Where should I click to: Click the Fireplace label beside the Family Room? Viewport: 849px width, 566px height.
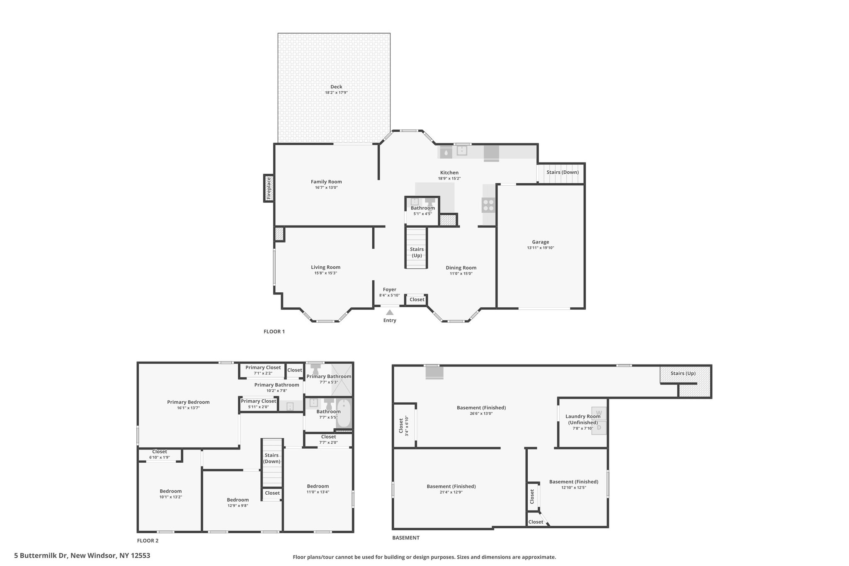tap(269, 188)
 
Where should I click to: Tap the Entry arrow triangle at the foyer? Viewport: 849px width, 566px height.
tap(390, 312)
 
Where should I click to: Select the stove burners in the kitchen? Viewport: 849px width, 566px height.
tap(488, 205)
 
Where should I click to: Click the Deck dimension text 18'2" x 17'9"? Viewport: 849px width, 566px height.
tap(336, 92)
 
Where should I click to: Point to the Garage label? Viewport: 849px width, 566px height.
tap(541, 242)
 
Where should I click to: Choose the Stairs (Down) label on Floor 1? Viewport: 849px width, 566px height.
tap(563, 172)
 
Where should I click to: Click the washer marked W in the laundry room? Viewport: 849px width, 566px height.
tap(599, 413)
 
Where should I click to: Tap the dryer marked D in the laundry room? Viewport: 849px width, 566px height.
tap(599, 427)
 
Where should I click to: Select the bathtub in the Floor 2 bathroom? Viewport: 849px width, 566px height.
tap(344, 413)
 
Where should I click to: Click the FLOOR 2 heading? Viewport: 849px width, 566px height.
tap(148, 541)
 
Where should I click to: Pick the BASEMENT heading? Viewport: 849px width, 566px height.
tap(406, 538)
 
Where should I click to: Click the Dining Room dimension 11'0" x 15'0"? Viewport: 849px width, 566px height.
tap(461, 274)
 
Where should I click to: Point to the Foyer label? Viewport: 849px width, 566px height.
tap(389, 289)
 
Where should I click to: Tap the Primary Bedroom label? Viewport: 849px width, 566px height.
tap(188, 402)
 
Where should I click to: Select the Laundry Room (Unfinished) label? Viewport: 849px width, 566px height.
tap(583, 419)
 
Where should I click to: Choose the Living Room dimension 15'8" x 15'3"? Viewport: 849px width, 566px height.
tap(326, 273)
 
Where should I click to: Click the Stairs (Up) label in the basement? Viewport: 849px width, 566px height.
tap(683, 373)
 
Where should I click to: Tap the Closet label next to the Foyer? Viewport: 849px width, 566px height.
tap(417, 299)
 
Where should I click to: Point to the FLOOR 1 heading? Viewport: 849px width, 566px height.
tap(274, 332)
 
